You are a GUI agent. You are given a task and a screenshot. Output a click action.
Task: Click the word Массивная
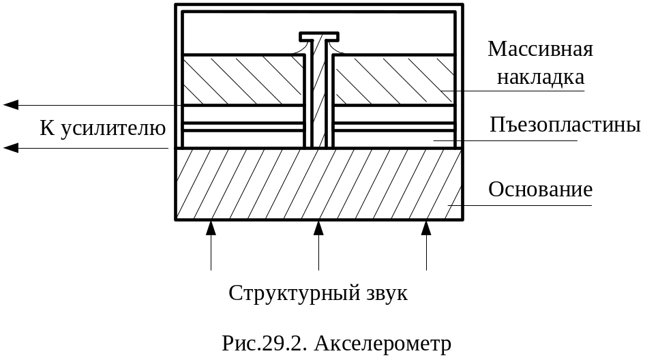click(539, 50)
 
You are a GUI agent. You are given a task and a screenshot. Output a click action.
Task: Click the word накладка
click(541, 77)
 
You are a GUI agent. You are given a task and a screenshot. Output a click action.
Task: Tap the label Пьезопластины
click(565, 126)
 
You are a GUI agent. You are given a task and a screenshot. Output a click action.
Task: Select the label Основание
click(540, 190)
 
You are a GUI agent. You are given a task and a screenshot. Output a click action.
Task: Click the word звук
click(387, 293)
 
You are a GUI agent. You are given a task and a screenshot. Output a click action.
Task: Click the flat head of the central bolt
click(318, 36)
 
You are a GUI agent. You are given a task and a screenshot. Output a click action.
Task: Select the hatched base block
click(318, 184)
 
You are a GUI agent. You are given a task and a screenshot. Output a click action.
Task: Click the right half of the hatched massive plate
click(393, 80)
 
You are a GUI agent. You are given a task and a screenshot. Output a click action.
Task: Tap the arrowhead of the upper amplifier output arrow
click(11, 105)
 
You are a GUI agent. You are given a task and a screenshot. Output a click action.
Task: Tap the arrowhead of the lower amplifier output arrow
click(11, 147)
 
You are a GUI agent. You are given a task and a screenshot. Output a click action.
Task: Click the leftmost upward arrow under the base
click(211, 228)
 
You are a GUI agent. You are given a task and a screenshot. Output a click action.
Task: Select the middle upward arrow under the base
click(318, 228)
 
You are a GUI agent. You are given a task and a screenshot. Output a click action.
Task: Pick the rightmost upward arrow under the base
click(426, 228)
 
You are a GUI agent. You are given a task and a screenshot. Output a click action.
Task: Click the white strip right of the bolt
click(393, 127)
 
